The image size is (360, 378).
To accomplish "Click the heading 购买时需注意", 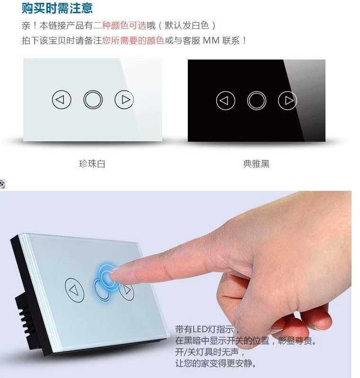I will coord(57,8).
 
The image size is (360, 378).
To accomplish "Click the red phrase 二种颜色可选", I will coord(120,26).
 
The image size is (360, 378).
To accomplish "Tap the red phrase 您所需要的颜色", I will coord(133,41).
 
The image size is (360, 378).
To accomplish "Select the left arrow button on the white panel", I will coord(61,100).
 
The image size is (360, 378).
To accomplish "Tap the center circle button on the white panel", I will coord(93,100).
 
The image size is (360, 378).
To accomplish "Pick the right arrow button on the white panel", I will coord(124,100).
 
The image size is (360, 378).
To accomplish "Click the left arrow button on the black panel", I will coord(226,100).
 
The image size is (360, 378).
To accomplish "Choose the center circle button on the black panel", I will coord(256,100).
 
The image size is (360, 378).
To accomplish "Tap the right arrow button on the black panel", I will coord(288,100).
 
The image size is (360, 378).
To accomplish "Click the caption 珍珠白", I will coord(92,164).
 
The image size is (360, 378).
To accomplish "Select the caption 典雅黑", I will coord(256,164).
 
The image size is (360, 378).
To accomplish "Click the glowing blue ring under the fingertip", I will coord(106,275).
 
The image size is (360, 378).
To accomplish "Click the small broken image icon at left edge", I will coord(2,184).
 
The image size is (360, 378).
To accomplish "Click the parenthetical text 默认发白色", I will coord(195,26).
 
